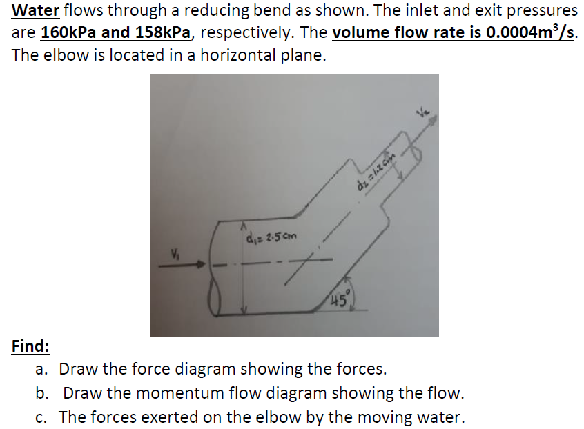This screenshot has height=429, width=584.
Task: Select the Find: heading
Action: click(30, 346)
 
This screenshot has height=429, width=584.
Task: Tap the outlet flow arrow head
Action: click(434, 119)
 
